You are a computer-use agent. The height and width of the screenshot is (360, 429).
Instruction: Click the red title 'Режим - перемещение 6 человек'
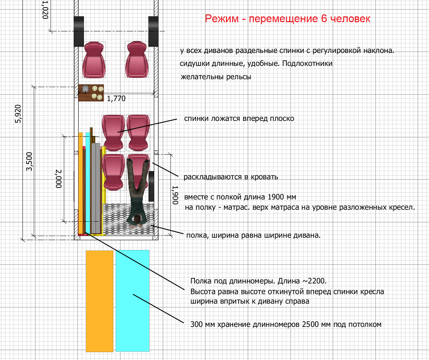click(x=287, y=19)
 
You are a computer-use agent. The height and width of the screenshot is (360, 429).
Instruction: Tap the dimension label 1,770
click(x=116, y=99)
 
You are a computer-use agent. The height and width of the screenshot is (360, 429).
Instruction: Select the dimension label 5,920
click(x=18, y=114)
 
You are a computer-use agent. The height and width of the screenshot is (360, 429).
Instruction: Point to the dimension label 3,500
click(x=29, y=162)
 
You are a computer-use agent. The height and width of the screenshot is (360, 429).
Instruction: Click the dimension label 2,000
click(x=59, y=179)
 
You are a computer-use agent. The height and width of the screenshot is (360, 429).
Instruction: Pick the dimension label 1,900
click(x=175, y=195)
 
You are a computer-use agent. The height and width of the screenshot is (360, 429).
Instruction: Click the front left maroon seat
click(x=94, y=60)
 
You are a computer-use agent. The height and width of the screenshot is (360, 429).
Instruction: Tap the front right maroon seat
click(x=137, y=60)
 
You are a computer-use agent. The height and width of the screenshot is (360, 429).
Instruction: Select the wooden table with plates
click(x=91, y=93)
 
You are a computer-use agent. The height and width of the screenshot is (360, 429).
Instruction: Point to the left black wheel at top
click(x=79, y=31)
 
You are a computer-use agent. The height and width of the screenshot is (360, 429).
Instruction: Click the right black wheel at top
click(x=153, y=31)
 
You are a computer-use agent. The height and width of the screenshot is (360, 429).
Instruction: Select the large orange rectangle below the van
click(x=99, y=301)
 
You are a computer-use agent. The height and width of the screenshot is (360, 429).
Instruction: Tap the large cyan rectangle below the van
click(x=132, y=301)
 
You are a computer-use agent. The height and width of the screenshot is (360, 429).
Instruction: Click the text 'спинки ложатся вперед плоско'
click(x=239, y=119)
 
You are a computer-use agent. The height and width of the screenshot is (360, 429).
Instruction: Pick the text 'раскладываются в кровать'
click(x=231, y=177)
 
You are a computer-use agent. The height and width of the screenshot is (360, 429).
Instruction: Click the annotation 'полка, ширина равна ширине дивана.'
click(x=253, y=235)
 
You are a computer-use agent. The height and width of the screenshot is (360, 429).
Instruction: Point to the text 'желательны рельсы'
click(x=216, y=77)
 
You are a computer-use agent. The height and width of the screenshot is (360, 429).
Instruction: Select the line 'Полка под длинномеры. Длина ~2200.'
click(x=258, y=281)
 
